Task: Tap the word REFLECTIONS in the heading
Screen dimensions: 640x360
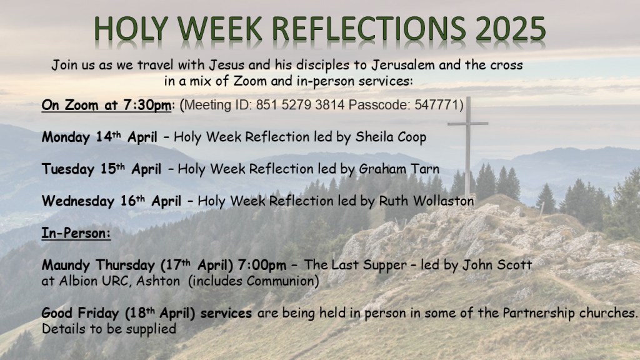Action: pyautogui.click(x=368, y=29)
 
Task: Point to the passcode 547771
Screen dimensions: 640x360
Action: pyautogui.click(x=437, y=105)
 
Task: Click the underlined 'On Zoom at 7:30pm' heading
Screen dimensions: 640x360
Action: pyautogui.click(x=106, y=105)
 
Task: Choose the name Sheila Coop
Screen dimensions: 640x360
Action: pyautogui.click(x=391, y=137)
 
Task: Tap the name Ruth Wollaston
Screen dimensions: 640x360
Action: pyautogui.click(x=426, y=201)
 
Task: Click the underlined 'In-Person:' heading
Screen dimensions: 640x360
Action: pyautogui.click(x=76, y=233)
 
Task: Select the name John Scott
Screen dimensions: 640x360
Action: pyautogui.click(x=497, y=265)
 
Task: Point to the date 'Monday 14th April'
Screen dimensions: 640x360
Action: pyautogui.click(x=99, y=137)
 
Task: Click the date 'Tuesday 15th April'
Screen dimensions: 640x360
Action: pyautogui.click(x=101, y=169)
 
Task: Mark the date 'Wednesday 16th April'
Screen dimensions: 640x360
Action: pyautogui.click(x=111, y=201)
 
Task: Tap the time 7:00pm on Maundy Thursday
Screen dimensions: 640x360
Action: pyautogui.click(x=262, y=265)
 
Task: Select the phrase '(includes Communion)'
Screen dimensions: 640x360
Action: pyautogui.click(x=254, y=281)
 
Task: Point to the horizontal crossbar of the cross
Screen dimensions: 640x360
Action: pyautogui.click(x=467, y=123)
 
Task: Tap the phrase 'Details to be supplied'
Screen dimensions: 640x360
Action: pyautogui.click(x=109, y=329)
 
